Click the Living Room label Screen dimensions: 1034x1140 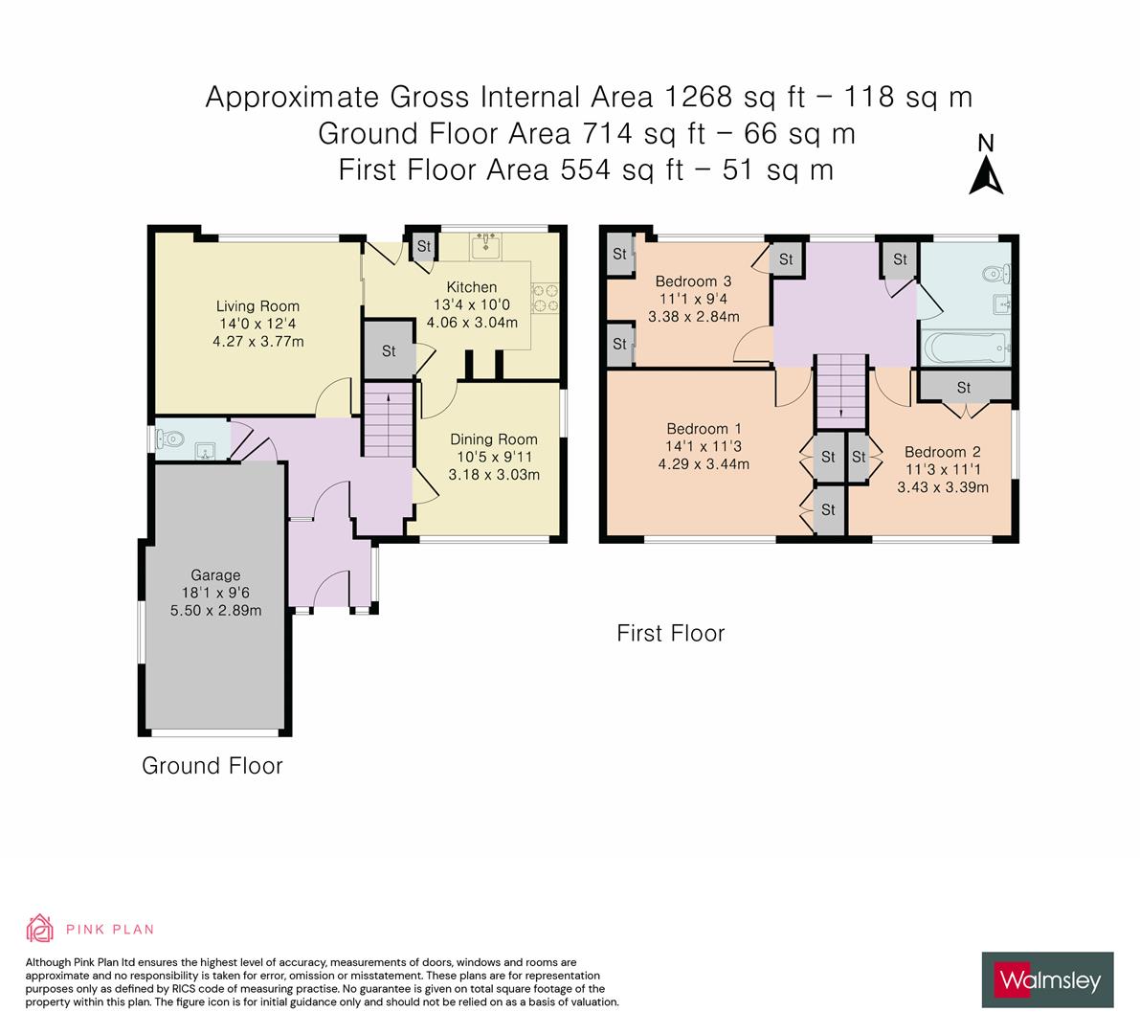tap(257, 306)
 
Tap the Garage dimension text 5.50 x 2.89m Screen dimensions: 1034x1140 tap(215, 610)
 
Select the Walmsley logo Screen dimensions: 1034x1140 tap(1047, 979)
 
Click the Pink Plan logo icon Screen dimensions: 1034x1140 tap(39, 928)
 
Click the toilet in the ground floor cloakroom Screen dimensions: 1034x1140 tap(173, 440)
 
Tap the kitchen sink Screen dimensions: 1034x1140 tap(487, 246)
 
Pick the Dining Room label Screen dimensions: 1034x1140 tap(493, 439)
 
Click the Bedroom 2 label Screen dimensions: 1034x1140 tap(942, 452)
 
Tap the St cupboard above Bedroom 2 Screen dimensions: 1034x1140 tap(963, 387)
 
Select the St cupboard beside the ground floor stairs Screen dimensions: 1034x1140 tap(388, 350)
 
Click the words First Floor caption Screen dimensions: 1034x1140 tap(670, 633)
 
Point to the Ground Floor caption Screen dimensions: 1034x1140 tap(212, 766)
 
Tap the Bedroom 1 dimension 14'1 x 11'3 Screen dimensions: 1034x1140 tap(704, 446)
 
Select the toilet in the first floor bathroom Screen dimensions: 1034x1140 tap(995, 275)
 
